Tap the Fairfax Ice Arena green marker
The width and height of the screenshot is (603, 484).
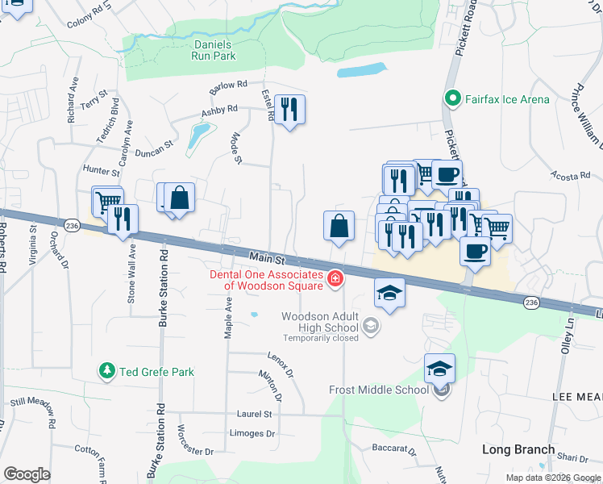click(x=451, y=99)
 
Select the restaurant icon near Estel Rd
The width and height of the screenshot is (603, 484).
click(x=290, y=109)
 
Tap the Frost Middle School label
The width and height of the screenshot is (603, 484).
click(x=379, y=390)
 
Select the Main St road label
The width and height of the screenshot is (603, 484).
click(x=268, y=258)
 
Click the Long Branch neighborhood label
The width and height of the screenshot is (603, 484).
click(x=518, y=449)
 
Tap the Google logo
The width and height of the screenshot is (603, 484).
click(x=27, y=474)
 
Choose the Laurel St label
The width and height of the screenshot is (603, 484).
click(x=254, y=414)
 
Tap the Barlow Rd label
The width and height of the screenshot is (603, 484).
click(x=228, y=85)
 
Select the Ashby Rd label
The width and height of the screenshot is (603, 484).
click(x=220, y=111)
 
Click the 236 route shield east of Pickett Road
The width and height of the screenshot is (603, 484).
click(x=530, y=302)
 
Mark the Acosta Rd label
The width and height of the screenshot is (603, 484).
click(x=571, y=174)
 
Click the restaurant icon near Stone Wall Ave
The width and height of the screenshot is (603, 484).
click(x=123, y=219)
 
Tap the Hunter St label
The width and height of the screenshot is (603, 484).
click(x=101, y=170)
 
